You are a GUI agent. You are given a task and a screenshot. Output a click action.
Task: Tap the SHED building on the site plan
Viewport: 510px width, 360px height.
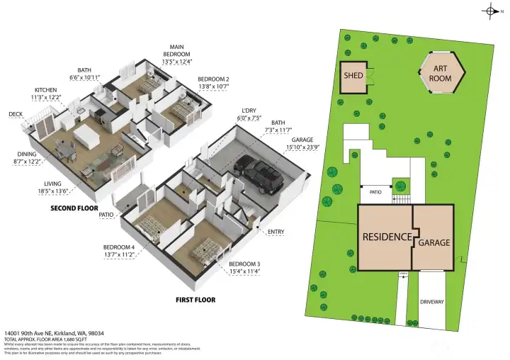click(353, 77)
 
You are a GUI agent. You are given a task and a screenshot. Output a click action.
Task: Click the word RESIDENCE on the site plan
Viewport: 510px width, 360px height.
click(387, 237)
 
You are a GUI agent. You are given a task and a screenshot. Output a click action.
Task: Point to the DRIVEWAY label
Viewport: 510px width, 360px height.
click(431, 302)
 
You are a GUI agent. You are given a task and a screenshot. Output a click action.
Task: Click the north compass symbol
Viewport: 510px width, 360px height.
click(492, 9)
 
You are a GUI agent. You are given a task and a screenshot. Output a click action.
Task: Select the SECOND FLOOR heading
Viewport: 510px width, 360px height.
click(74, 209)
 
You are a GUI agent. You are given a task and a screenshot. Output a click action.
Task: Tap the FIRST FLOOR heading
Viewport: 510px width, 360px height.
click(195, 300)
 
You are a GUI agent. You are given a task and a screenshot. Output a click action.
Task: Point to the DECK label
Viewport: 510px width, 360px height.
click(16, 114)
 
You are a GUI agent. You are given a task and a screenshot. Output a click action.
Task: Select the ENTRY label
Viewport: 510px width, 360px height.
click(276, 232)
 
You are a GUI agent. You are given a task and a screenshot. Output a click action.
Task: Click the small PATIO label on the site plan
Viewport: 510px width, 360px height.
click(375, 192)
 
